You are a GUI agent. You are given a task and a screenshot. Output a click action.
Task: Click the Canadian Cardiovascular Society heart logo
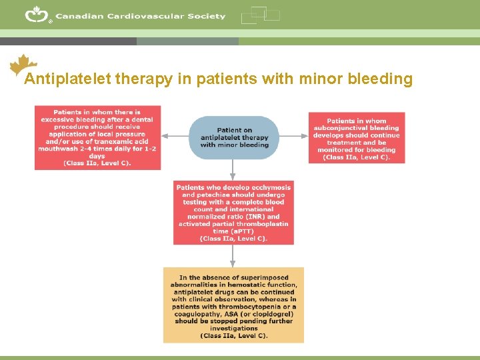click(x=37, y=14)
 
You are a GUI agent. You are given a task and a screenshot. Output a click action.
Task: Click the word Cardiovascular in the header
click(x=138, y=16)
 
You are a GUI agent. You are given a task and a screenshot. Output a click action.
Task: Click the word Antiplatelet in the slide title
click(x=67, y=80)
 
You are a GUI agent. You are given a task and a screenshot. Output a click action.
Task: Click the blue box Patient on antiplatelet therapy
click(x=233, y=137)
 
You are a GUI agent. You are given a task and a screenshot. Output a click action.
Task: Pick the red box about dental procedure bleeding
click(x=97, y=137)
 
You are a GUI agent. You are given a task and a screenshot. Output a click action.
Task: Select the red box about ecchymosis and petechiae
click(x=233, y=213)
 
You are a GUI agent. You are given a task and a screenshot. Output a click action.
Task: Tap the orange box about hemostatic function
click(x=233, y=305)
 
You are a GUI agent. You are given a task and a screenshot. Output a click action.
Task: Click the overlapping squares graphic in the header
click(x=260, y=15)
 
